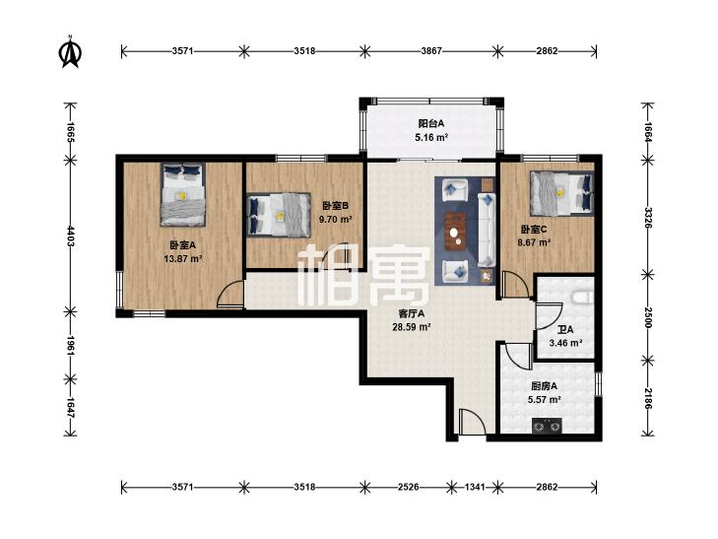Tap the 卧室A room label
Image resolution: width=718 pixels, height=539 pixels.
pos(183,245)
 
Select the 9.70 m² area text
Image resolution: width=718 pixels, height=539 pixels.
pos(335,219)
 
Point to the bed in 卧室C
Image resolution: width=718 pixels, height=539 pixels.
pos(561,193)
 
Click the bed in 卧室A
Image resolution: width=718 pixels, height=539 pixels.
pos(182,195)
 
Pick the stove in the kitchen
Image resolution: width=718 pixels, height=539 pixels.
pos(547,426)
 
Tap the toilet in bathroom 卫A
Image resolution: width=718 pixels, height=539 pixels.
pos(583,298)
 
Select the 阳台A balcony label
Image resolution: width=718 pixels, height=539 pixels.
pos(430,123)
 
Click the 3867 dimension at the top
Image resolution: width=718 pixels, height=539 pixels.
pos(431,51)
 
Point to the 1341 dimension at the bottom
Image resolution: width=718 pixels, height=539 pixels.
pos(475,487)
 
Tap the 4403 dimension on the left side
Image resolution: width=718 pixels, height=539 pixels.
pos(70,236)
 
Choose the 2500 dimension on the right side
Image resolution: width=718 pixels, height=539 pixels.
pos(647,317)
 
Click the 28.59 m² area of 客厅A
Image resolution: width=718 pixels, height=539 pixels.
pos(412,327)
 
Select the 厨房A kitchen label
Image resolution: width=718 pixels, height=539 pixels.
pos(544,386)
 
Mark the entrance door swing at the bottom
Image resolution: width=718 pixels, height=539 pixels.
pos(472,422)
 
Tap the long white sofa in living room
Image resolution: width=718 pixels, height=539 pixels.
pos(487,230)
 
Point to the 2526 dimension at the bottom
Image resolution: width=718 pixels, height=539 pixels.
pos(408,487)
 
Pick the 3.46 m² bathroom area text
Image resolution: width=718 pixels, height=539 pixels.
pos(565,343)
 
